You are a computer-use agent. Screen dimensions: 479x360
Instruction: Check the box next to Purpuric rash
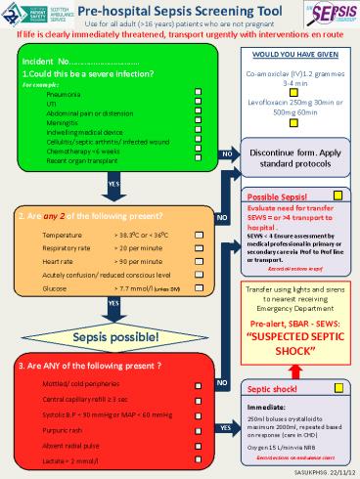click(200, 429)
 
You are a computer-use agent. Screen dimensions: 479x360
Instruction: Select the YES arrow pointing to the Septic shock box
click(225, 428)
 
